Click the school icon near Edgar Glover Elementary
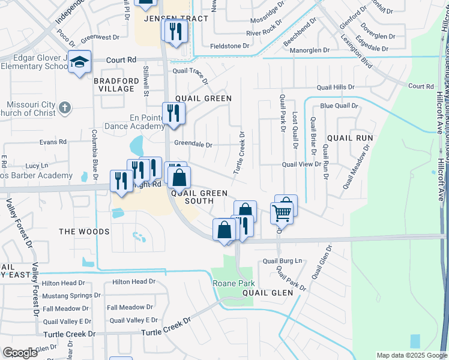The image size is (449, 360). click(79, 62)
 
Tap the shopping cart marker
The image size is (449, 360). click(282, 212)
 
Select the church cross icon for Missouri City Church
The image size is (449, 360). click(65, 108)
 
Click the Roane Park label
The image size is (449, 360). click(234, 283)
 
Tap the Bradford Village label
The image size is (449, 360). click(113, 84)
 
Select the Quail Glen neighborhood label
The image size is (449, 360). click(267, 293)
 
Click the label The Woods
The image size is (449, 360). click(84, 232)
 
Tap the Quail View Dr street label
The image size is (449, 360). click(301, 164)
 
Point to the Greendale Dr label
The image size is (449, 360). click(193, 145)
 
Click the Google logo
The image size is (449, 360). click(20, 353)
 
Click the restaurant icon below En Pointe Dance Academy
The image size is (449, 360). click(173, 113)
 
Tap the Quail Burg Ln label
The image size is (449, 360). click(283, 261)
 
